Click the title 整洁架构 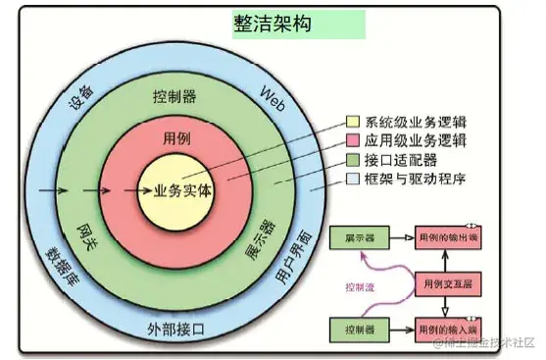[273, 25]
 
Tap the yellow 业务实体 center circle [176, 189]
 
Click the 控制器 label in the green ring [174, 98]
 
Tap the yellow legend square [351, 123]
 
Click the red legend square [351, 141]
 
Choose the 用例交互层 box [450, 282]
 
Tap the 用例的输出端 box [450, 237]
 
